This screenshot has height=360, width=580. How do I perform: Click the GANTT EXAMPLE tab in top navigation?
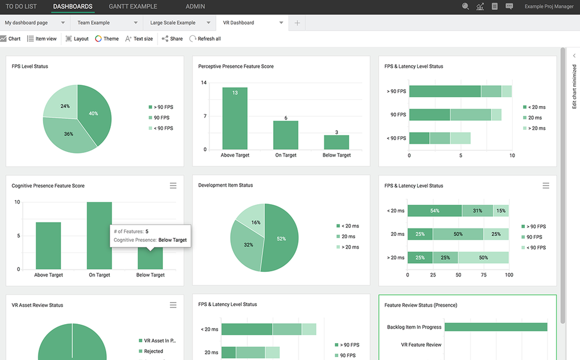(133, 6)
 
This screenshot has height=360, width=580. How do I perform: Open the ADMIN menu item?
(195, 6)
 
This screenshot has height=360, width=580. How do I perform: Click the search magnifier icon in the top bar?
(465, 6)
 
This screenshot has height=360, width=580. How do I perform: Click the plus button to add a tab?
(297, 23)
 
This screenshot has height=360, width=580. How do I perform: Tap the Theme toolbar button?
(107, 39)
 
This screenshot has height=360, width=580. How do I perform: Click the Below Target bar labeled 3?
(336, 142)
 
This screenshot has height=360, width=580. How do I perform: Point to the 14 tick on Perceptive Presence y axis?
(204, 83)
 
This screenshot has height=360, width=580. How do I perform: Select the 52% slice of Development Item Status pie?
(282, 238)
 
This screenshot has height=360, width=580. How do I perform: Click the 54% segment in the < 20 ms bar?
(434, 210)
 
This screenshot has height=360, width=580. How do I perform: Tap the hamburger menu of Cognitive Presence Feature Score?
(173, 186)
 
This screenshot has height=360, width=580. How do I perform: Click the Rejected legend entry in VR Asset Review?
(153, 351)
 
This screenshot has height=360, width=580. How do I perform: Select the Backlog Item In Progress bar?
(496, 327)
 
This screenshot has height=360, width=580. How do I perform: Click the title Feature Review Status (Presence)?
(420, 305)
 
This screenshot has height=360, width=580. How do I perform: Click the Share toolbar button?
(172, 39)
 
